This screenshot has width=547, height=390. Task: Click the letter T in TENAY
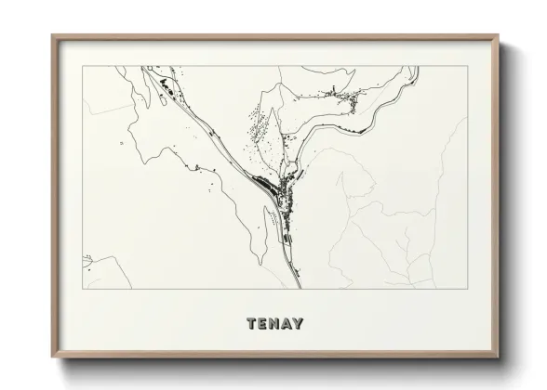pyautogui.click(x=252, y=324)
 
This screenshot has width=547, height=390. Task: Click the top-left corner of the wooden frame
pyautogui.click(x=52, y=36)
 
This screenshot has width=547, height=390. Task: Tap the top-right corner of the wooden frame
pyautogui.click(x=499, y=36)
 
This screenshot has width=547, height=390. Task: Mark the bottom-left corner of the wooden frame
pyautogui.click(x=52, y=357)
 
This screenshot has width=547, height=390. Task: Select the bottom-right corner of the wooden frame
pyautogui.click(x=499, y=357)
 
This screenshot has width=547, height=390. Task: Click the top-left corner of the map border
pyautogui.click(x=83, y=66)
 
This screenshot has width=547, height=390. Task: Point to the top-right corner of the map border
pyautogui.click(x=466, y=66)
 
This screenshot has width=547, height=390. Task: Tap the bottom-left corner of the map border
pyautogui.click(x=83, y=289)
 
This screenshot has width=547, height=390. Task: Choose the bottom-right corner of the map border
pyautogui.click(x=466, y=289)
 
